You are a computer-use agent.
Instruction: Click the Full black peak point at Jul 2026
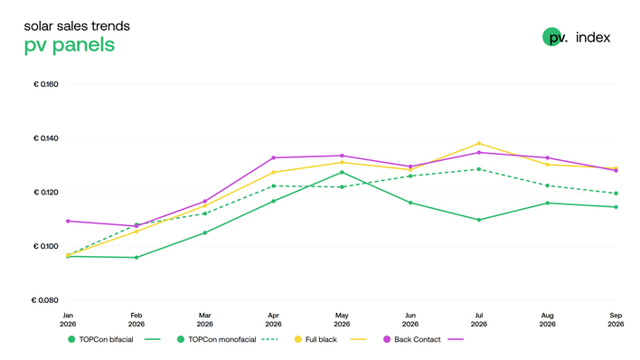pos(479,144)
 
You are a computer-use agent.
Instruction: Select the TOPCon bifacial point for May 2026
pos(342,173)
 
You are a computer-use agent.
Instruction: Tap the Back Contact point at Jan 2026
pos(68,221)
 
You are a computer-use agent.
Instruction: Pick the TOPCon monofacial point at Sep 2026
pos(616,194)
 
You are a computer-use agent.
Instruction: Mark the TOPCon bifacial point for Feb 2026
pos(136,258)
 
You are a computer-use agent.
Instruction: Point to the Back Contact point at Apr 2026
pos(274,157)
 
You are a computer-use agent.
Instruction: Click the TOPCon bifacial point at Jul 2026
pos(479,220)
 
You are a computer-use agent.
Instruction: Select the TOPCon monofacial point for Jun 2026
pos(410,176)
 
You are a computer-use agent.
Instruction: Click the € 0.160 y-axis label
pos(46,84)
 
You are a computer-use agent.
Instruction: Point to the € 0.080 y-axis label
pos(45,300)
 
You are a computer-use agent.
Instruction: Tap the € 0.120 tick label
pos(46,192)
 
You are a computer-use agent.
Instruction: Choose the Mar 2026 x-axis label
pos(205,319)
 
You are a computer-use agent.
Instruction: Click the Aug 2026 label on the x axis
pos(548,319)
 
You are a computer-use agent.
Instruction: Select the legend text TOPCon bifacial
pos(106,339)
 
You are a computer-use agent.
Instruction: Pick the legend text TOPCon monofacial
pos(222,339)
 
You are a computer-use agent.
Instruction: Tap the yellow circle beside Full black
pos(298,339)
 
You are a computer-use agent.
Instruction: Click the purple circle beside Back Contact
pos(387,339)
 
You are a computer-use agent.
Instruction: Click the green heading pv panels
pos(70,45)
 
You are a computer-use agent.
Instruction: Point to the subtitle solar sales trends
pos(77,26)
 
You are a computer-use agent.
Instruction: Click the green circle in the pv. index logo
pos(551,37)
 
